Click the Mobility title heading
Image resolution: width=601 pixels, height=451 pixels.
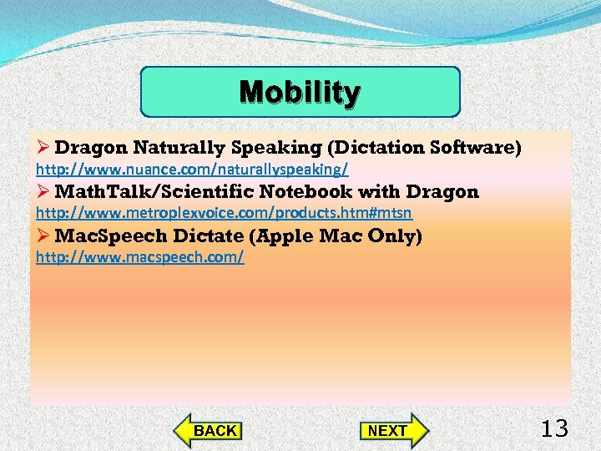(x=300, y=92)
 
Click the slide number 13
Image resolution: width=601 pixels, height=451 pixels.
(x=554, y=429)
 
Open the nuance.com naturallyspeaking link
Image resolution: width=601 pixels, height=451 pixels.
(x=192, y=170)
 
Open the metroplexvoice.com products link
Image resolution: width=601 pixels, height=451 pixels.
(x=224, y=214)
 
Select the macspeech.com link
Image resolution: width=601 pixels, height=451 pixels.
(x=139, y=257)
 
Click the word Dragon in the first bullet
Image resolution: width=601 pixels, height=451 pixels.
(x=91, y=148)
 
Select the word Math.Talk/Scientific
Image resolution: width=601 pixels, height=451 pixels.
(x=148, y=192)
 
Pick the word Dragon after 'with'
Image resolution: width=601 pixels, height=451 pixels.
(x=442, y=192)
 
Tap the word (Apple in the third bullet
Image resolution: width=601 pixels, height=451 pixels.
(x=289, y=236)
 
